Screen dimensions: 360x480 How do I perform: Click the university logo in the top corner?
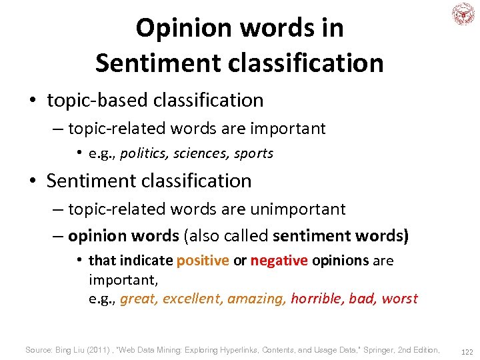click(462, 14)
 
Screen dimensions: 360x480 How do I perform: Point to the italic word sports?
click(253, 153)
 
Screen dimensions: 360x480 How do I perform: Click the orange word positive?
click(203, 261)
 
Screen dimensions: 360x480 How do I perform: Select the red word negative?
click(279, 261)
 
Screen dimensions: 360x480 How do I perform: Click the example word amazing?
click(257, 299)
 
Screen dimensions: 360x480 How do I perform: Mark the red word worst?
click(399, 299)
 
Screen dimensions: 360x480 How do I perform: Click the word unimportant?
click(300, 209)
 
